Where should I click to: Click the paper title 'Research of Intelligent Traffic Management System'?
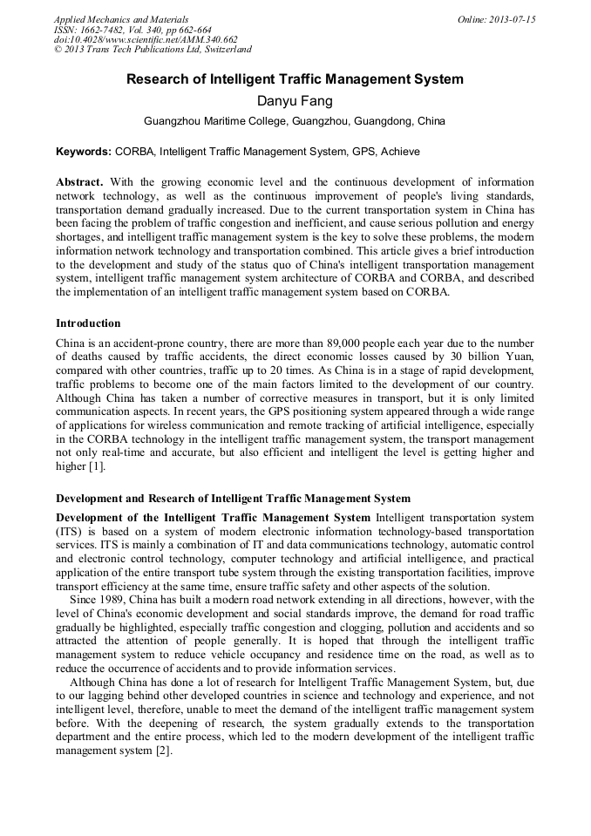click(295, 79)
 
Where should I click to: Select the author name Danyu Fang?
click(295, 101)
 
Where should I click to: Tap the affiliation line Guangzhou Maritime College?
click(295, 121)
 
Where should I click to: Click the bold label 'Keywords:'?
click(84, 152)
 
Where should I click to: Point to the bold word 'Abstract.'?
click(79, 182)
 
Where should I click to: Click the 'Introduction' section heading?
click(88, 323)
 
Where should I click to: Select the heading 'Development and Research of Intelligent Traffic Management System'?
click(233, 499)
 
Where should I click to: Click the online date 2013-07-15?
click(513, 19)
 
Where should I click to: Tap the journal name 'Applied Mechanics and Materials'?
click(121, 19)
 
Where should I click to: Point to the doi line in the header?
click(146, 40)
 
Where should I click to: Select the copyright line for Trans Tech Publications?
click(153, 51)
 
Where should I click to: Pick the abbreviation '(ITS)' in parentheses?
click(69, 531)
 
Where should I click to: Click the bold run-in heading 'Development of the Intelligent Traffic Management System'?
click(214, 518)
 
